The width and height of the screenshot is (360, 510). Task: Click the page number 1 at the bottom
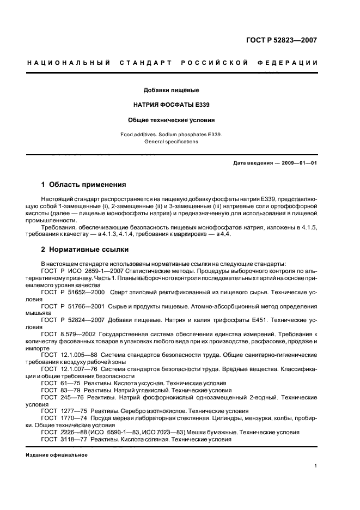point(316,466)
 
